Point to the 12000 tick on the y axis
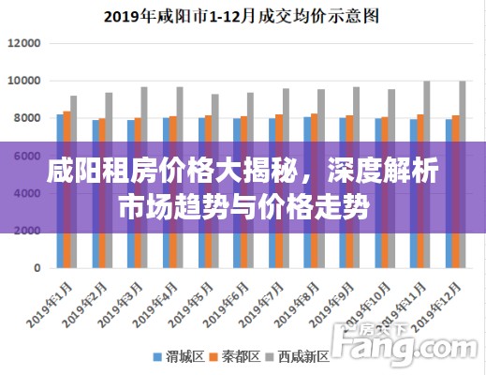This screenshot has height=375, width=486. (24, 44)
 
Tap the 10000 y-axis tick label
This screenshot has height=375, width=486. (24, 82)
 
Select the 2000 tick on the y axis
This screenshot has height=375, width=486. (28, 231)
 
